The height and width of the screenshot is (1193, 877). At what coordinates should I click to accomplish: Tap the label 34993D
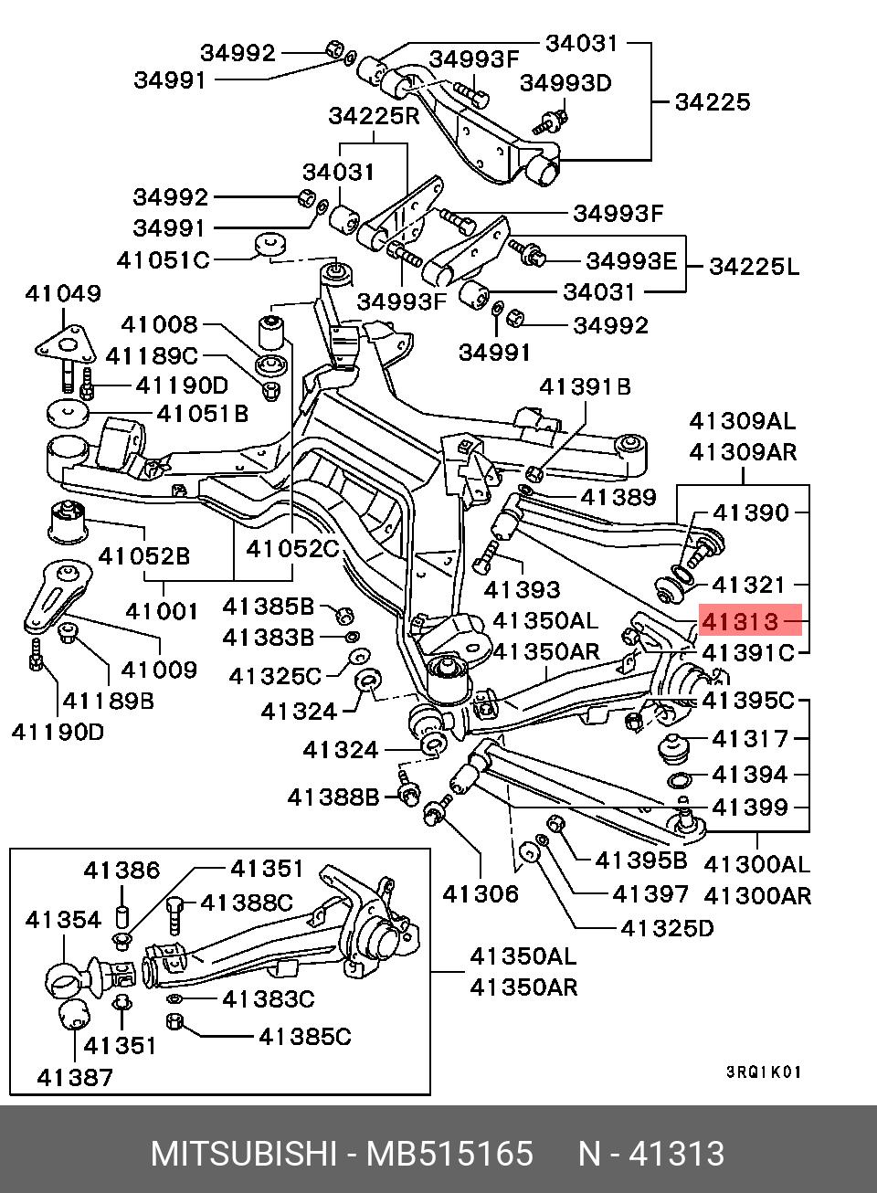pos(565,82)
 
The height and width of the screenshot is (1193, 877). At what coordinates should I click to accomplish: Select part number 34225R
pos(374,116)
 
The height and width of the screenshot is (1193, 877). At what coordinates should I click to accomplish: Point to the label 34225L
pos(754,267)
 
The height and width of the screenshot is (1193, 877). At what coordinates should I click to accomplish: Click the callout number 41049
pos(63,293)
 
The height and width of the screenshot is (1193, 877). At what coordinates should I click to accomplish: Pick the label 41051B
pos(202,414)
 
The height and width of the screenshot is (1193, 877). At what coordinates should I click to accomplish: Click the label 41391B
pos(585,386)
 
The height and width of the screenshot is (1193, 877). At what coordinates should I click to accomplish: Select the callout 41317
pos(749,738)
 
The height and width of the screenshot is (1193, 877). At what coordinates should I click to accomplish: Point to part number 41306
pos(481,893)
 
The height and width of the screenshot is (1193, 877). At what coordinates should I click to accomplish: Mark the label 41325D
pos(667,928)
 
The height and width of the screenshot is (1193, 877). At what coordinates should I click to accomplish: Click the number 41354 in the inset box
pos(63,919)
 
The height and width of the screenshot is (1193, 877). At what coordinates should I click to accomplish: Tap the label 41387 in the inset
pos(76,1077)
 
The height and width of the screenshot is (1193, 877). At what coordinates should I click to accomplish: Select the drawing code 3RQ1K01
pos(764,1072)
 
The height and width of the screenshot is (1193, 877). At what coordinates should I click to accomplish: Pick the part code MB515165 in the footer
pos(449,1155)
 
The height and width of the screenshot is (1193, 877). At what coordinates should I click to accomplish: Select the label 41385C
pos(304,1036)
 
